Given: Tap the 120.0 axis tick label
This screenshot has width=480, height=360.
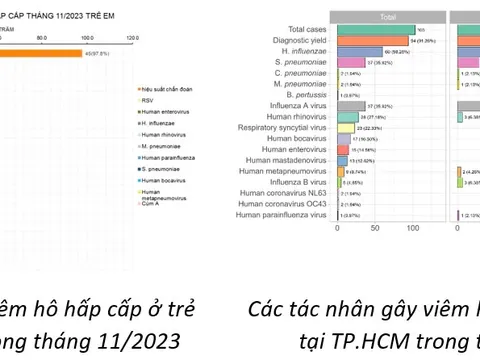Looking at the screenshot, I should tap(131, 37).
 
